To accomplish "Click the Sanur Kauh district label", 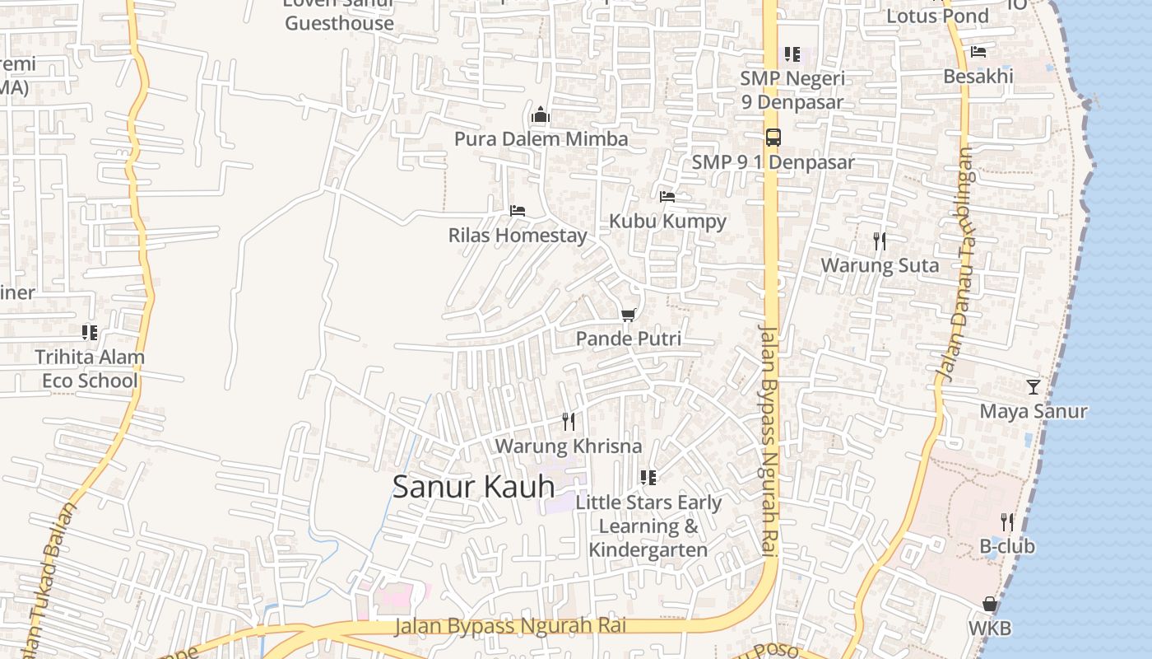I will tap(474, 487).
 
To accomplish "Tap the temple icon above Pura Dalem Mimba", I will tap(541, 115).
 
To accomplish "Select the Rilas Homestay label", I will tap(518, 236).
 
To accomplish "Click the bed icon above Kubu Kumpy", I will tap(667, 197).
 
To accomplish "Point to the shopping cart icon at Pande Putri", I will tap(629, 315).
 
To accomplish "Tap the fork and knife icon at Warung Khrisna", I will tap(569, 422).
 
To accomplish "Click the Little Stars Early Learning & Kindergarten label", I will tap(648, 526).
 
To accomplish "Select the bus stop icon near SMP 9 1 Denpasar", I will tap(773, 138).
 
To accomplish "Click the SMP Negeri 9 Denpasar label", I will tap(792, 91).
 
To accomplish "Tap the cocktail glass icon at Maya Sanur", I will tap(1034, 386).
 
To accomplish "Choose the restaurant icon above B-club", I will tap(1006, 521).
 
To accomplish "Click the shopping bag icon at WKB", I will tap(990, 605).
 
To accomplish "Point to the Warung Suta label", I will tap(880, 266).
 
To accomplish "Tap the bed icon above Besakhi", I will tap(978, 52).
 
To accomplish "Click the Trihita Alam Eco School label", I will tap(90, 369).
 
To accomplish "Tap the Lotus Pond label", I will tap(937, 16).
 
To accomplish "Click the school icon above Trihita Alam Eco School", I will tap(90, 333).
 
